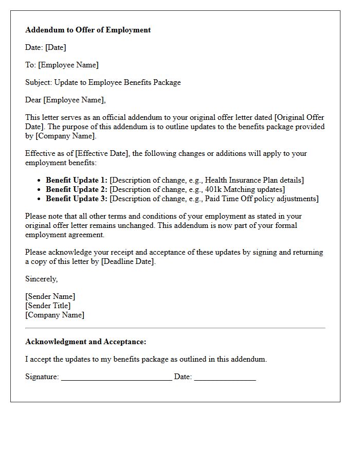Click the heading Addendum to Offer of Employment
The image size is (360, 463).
click(x=88, y=30)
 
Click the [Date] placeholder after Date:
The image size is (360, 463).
click(x=56, y=47)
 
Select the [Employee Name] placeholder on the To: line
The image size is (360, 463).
click(x=68, y=65)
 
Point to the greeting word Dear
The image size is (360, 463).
click(x=33, y=100)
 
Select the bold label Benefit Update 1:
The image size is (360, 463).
click(x=77, y=180)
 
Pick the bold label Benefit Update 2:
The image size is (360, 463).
click(x=77, y=189)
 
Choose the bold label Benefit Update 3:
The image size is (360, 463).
click(x=77, y=199)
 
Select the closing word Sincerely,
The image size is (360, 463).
click(x=42, y=279)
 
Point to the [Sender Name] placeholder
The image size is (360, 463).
click(x=50, y=296)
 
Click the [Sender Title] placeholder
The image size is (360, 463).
click(x=48, y=306)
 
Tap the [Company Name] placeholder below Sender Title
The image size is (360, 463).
click(x=55, y=315)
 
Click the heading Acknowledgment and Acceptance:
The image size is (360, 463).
click(x=85, y=342)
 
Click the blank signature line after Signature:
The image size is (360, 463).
click(x=116, y=378)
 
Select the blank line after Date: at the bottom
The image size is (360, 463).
click(x=225, y=378)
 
